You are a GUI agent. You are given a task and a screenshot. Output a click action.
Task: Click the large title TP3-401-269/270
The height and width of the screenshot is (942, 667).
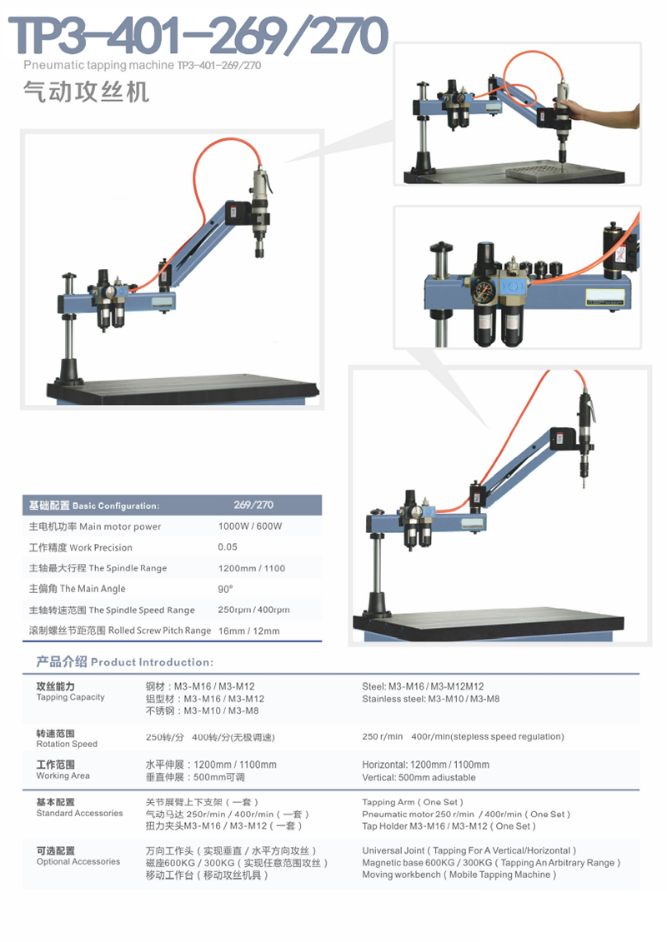click(198, 37)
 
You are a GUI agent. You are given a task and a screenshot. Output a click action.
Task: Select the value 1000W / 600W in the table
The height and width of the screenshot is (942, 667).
click(250, 526)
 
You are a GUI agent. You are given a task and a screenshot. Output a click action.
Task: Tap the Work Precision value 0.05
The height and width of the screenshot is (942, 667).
click(228, 547)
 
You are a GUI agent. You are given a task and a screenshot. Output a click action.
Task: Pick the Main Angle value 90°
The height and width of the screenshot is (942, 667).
click(225, 589)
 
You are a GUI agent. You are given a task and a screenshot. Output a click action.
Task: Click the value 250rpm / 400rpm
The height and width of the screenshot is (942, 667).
click(253, 610)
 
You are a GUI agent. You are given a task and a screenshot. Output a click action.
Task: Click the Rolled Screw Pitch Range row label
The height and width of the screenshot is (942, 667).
click(120, 630)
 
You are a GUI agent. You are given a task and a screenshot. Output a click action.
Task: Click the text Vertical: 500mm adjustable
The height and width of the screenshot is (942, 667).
click(419, 777)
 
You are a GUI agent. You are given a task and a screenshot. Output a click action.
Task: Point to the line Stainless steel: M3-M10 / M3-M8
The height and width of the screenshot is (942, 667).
click(430, 699)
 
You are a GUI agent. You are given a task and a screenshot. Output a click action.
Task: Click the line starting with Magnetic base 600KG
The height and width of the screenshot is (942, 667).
click(491, 863)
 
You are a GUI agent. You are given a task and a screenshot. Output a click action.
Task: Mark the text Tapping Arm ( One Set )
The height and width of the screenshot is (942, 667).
click(413, 802)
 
